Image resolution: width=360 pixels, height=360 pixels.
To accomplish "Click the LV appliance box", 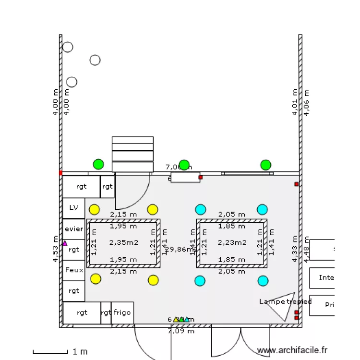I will (x=73, y=208).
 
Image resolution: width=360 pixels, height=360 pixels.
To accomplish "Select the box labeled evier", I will (x=73, y=229).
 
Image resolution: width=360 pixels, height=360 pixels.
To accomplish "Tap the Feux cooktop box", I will (x=73, y=270).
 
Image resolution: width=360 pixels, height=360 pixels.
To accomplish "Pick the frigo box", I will (x=122, y=313).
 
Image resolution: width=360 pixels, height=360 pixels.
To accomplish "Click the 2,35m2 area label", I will (x=123, y=242).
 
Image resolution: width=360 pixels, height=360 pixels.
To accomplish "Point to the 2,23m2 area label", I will (x=232, y=242).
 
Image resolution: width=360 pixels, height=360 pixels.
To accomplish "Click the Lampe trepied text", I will (x=285, y=301).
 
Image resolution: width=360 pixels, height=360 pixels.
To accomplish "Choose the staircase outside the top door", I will (x=132, y=154).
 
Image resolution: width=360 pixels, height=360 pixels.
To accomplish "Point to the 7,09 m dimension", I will (x=181, y=331).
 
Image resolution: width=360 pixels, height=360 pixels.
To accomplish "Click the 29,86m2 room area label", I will (x=181, y=249).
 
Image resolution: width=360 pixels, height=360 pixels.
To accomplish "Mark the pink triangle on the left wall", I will (x=65, y=243).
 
